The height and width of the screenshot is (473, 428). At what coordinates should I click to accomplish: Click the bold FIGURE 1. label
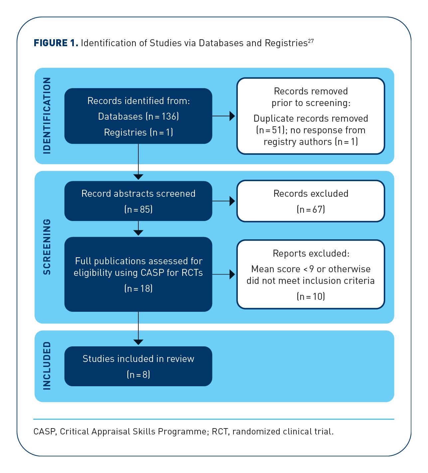click(56, 43)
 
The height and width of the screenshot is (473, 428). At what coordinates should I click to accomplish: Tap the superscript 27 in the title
click(311, 41)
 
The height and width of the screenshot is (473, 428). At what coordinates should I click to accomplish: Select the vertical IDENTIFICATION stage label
click(47, 116)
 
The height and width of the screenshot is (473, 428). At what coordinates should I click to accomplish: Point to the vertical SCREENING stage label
click(47, 247)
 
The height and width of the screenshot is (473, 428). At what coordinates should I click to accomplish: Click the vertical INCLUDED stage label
click(47, 366)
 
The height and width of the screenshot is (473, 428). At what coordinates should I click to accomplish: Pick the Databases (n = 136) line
click(138, 116)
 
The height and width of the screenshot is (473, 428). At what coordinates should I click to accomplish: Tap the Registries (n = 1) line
click(138, 132)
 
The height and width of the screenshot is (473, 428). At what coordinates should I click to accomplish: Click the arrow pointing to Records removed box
click(223, 116)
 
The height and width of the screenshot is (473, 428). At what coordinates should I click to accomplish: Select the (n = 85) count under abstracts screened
click(138, 209)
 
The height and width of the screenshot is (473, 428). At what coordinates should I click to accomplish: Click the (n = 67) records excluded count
click(311, 209)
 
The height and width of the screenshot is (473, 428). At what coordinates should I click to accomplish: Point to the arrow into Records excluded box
click(223, 201)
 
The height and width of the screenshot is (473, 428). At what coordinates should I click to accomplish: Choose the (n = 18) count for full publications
click(138, 289)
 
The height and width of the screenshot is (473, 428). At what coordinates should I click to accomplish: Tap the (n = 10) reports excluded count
click(311, 296)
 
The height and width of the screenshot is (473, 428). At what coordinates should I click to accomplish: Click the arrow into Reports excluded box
click(223, 275)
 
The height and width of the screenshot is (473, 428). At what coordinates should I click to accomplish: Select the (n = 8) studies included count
click(138, 374)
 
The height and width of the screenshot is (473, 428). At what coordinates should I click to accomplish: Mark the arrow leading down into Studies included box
click(138, 328)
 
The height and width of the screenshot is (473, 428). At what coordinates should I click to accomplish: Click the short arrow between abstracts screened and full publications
click(138, 228)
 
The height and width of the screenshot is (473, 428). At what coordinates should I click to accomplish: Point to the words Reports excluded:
click(311, 254)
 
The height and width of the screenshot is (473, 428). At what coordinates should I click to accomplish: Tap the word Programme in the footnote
click(182, 431)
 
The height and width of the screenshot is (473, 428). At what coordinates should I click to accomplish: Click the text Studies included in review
click(138, 359)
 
